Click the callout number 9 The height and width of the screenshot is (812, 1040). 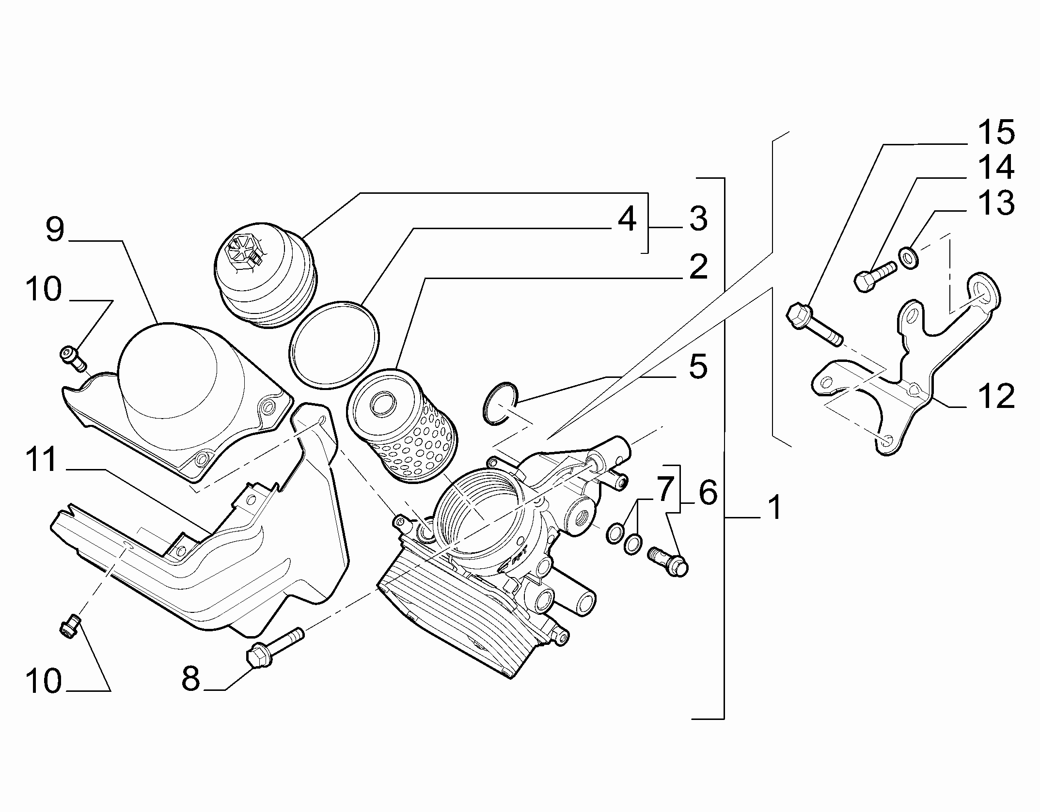point(55,230)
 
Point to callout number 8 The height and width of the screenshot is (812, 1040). point(191,678)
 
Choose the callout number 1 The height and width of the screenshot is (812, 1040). point(775,506)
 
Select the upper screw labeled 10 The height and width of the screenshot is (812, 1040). point(73,358)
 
